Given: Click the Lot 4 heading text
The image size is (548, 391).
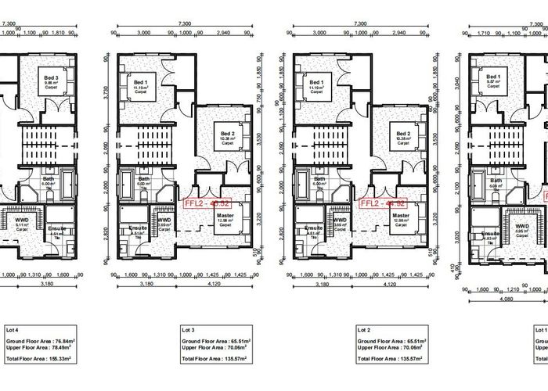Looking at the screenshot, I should [x=9, y=332].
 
